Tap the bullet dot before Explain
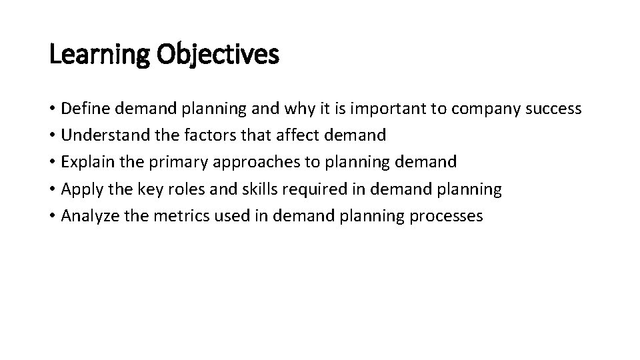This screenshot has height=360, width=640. (x=53, y=163)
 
